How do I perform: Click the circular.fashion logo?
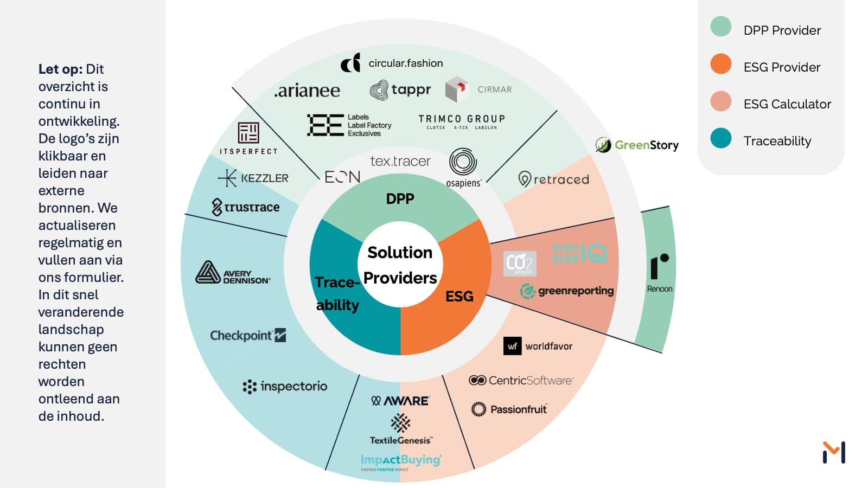pos(392,63)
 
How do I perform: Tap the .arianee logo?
pos(307,91)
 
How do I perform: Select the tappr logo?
pos(400,89)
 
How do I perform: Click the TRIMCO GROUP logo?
pos(462,121)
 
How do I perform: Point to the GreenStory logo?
pos(637,145)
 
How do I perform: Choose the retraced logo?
pos(553,179)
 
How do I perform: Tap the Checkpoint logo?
pos(248,335)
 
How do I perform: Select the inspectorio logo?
pos(285,386)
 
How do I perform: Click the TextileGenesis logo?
pos(400,429)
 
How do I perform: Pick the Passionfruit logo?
pos(509,409)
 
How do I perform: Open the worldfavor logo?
pos(538,346)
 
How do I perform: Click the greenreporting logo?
pos(567,291)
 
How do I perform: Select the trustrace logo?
pos(246,207)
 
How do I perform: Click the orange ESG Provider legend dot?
pos(720,64)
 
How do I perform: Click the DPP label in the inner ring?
pos(400,199)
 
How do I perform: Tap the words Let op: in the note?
pos(60,69)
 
